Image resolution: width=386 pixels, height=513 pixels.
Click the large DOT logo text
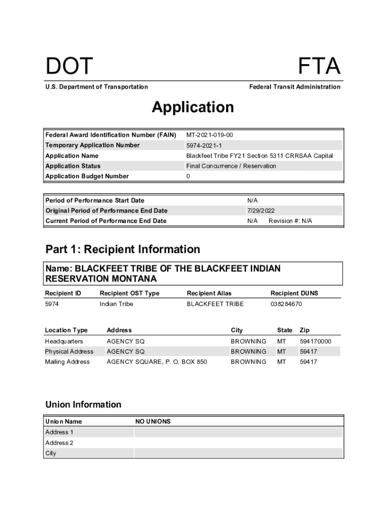pos(69,67)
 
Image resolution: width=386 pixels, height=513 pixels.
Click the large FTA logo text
pos(319,67)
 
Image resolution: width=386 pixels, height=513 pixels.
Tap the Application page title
pos(193,107)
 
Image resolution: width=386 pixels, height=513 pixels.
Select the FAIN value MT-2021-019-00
pos(210,135)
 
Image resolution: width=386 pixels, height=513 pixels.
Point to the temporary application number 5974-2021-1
pos(204,145)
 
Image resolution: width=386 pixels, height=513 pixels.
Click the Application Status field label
pos(73,166)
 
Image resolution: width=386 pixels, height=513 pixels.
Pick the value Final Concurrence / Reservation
pos(231,166)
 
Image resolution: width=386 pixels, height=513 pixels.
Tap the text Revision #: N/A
pos(290,221)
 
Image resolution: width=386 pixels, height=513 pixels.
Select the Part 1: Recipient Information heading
pos(123,249)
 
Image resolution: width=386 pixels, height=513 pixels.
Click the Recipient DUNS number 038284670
pos(286,304)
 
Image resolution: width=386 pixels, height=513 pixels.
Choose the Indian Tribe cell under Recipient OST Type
pos(116,304)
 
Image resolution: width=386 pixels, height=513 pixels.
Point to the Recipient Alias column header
pos(209,293)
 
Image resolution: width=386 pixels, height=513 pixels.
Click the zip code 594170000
pos(315,342)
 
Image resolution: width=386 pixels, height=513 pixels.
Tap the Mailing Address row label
pos(68,362)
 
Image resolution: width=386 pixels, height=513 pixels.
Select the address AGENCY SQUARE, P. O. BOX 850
pos(157,362)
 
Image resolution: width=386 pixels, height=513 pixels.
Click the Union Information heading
pos(83,404)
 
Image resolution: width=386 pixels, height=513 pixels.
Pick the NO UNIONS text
pos(153,422)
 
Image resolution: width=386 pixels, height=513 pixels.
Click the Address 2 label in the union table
pos(59,443)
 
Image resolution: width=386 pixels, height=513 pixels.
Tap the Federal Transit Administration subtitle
pos(295,87)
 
